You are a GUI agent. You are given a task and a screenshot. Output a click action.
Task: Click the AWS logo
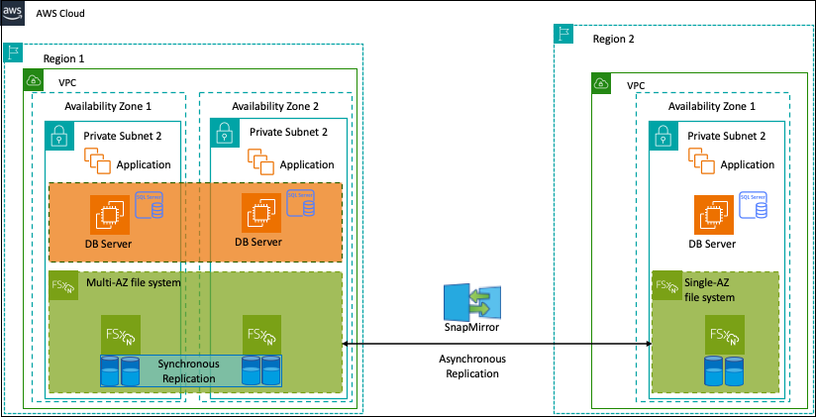click(x=13, y=13)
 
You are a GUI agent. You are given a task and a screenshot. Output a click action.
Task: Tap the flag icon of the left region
click(x=14, y=52)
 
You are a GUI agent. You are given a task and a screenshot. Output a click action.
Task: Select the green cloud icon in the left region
click(x=34, y=79)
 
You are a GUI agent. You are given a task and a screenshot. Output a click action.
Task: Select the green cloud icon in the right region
click(x=601, y=83)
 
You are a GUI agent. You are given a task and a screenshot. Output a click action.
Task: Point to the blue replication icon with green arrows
click(x=472, y=302)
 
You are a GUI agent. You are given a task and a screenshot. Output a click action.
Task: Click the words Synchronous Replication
click(x=188, y=371)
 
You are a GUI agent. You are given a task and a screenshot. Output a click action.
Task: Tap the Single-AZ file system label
click(x=710, y=290)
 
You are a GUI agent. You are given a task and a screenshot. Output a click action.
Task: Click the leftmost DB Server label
click(x=108, y=244)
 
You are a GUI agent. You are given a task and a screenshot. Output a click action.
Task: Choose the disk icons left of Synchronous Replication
click(x=120, y=371)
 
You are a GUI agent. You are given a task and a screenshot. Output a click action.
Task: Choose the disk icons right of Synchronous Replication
click(x=260, y=371)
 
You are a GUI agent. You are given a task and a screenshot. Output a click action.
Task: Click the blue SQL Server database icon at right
click(x=753, y=205)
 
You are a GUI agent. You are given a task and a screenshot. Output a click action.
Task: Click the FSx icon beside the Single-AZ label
click(x=665, y=285)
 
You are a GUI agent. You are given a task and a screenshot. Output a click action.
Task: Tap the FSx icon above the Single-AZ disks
click(x=724, y=336)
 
